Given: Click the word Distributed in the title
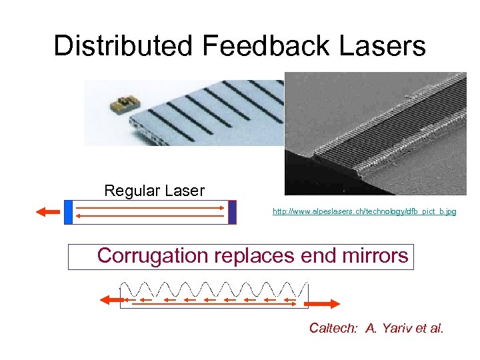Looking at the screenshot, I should point(121,46).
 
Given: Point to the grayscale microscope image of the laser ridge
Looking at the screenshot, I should point(375,133).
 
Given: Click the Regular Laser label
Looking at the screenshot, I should point(154,191).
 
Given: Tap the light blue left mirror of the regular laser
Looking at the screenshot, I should point(68,212).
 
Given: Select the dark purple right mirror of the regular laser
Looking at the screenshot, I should point(232,212).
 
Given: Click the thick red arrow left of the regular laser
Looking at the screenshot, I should point(47,212).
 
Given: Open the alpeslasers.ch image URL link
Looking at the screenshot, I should point(365,211).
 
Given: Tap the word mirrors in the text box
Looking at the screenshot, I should point(374,256).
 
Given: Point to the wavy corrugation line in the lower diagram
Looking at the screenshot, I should point(213,289).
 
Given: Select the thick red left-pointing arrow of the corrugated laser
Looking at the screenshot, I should point(108,301).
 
